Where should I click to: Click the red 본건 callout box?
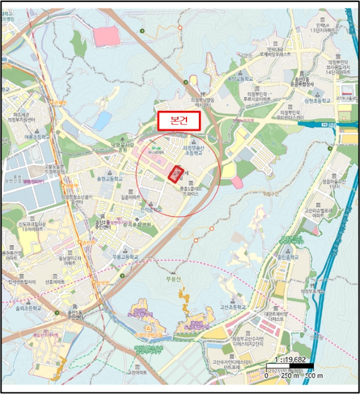[x=178, y=120]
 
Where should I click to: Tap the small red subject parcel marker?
[x=176, y=174]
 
